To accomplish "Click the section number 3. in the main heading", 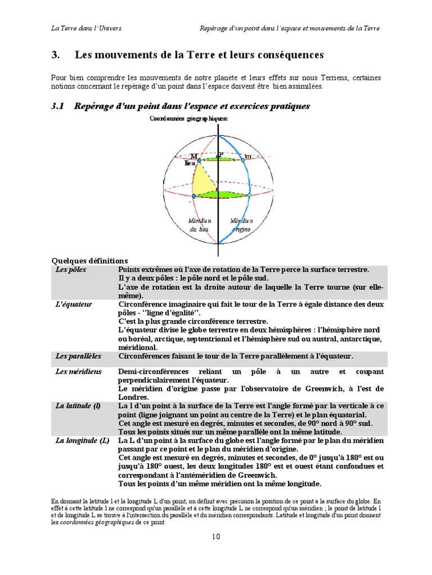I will click(55, 55).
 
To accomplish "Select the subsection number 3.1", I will click(58, 106).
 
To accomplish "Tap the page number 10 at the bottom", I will click(216, 536).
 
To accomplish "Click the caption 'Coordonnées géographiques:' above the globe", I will click(188, 118).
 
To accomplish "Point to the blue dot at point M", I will click(199, 161).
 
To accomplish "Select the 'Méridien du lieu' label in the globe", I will click(200, 225).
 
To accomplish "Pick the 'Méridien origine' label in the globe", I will click(240, 225).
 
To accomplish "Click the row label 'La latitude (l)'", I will click(78, 405).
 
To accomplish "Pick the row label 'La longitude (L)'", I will click(82, 441).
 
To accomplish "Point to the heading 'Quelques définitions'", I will click(89, 261).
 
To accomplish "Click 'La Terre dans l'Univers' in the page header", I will click(86, 28).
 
